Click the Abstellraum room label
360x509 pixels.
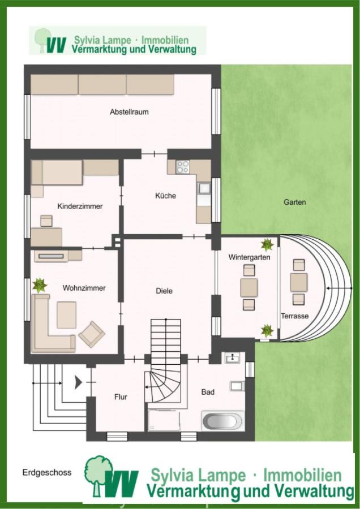pyautogui.click(x=129, y=112)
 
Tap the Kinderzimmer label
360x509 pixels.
pyautogui.click(x=80, y=206)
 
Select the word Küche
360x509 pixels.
pyautogui.click(x=165, y=196)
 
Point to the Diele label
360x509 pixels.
pyautogui.click(x=164, y=291)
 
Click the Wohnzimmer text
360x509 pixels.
pyautogui.click(x=84, y=288)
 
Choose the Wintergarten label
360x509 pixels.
pyautogui.click(x=249, y=257)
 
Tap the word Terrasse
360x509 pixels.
pyautogui.click(x=295, y=316)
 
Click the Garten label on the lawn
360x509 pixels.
pyautogui.click(x=295, y=202)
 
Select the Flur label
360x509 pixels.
pyautogui.click(x=121, y=396)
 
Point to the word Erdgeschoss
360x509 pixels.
pyautogui.click(x=47, y=472)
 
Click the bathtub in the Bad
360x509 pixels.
pyautogui.click(x=223, y=421)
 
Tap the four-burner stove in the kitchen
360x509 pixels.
pyautogui.click(x=183, y=167)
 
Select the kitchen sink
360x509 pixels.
pyautogui.click(x=204, y=188)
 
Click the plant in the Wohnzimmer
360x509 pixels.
pyautogui.click(x=40, y=286)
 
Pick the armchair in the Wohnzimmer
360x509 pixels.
pyautogui.click(x=92, y=334)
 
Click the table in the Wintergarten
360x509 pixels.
pyautogui.click(x=249, y=288)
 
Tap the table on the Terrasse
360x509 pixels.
pyautogui.click(x=299, y=282)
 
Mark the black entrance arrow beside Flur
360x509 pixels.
pyautogui.click(x=78, y=382)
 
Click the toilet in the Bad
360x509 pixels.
pyautogui.click(x=237, y=386)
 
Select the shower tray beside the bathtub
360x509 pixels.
pyautogui.click(x=164, y=420)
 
